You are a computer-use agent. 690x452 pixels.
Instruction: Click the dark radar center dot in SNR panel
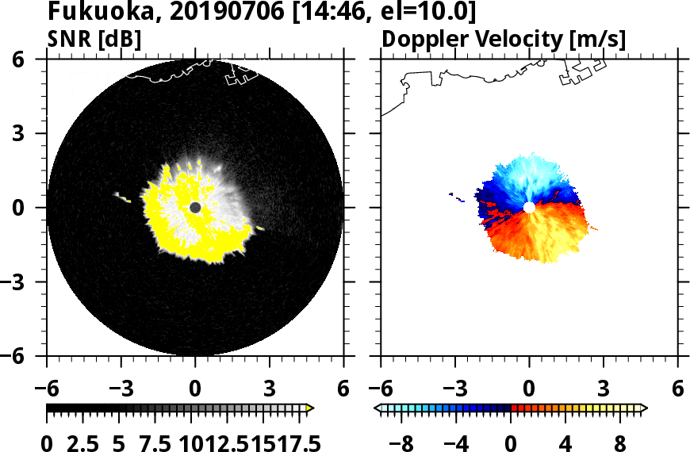(x=195, y=208)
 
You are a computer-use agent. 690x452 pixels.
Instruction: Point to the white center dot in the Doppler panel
(x=529, y=208)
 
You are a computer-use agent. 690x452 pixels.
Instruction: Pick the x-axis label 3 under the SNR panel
(x=270, y=389)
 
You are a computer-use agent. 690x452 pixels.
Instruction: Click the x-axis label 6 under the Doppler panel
(x=677, y=389)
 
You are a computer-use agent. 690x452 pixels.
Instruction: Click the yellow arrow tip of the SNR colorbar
(x=310, y=408)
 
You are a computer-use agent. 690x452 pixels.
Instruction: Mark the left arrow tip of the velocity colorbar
(x=377, y=408)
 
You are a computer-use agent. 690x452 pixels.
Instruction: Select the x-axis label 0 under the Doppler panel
(x=529, y=389)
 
